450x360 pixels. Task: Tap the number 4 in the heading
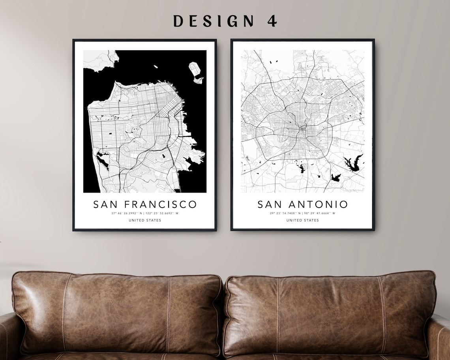coord(272,21)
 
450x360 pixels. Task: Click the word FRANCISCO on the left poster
coord(160,204)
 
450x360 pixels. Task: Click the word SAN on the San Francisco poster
coord(106,204)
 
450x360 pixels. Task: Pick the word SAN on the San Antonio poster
coord(270,204)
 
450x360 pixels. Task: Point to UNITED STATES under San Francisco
coord(145,220)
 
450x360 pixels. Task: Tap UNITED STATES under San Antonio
coord(302,220)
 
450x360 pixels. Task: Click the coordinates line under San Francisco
coord(145,214)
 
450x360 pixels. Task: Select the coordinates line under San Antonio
coord(302,214)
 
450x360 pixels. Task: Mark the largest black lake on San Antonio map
coord(354,163)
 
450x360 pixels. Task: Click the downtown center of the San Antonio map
coord(302,129)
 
